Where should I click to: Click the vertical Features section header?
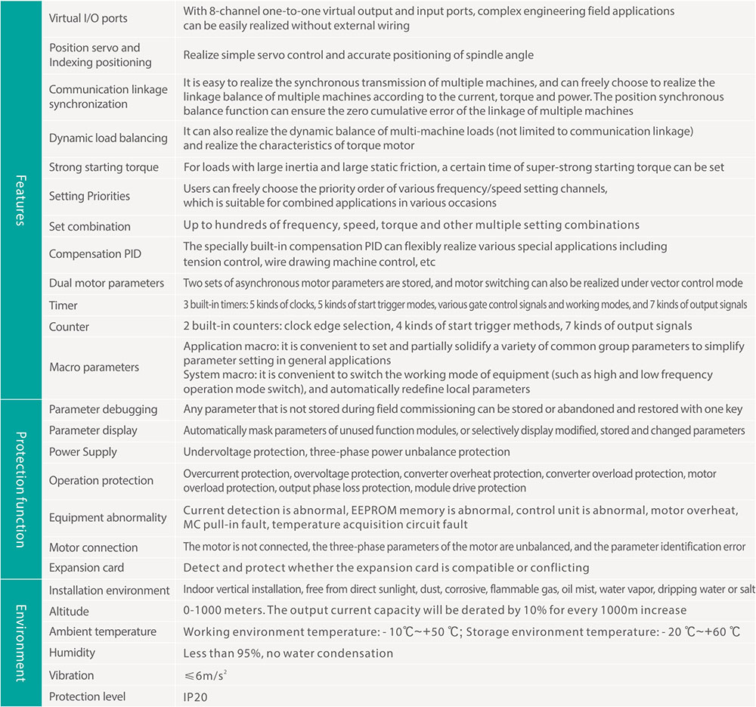[x=20, y=200]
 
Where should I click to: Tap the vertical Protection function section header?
[x=20, y=489]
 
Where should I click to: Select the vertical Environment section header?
[x=20, y=643]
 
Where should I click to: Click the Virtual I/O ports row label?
[x=89, y=18]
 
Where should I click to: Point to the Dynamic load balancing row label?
[x=108, y=138]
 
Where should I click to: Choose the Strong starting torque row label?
[x=104, y=167]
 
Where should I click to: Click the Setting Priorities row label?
[x=89, y=196]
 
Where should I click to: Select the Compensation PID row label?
[x=95, y=254]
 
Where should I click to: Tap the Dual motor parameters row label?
[x=107, y=283]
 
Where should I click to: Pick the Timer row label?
[x=64, y=305]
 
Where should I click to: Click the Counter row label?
[x=69, y=327]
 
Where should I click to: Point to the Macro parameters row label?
[x=94, y=367]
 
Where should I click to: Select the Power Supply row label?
[x=83, y=451]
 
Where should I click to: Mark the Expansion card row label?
[x=86, y=567]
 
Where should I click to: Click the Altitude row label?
[x=69, y=611]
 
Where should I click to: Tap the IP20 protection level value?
[x=194, y=696]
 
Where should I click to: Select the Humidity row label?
[x=72, y=653]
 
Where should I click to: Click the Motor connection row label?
[x=94, y=547]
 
